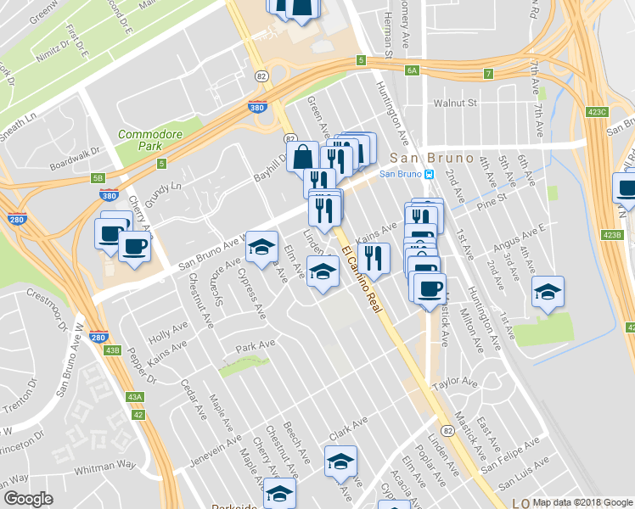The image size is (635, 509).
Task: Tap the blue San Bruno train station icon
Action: click(x=430, y=175)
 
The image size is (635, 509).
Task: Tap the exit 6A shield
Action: click(x=413, y=71)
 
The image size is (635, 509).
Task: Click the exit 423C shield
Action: click(x=598, y=111)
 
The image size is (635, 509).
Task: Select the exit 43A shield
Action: click(x=134, y=396)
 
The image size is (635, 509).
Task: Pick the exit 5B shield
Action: click(x=98, y=178)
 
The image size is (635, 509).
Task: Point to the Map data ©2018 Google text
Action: click(x=581, y=502)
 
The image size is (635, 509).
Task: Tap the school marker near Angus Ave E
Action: click(x=548, y=292)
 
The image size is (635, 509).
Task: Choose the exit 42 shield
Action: click(x=138, y=414)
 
